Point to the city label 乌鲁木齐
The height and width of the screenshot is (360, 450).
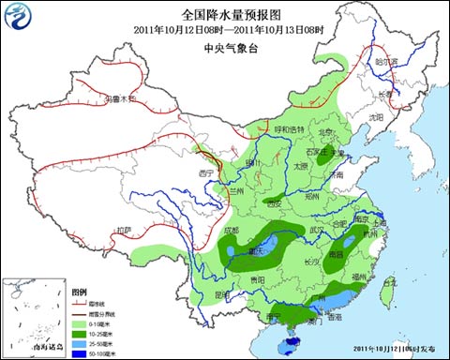120,97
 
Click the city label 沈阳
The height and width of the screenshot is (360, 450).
376,117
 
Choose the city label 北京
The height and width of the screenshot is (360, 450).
325,132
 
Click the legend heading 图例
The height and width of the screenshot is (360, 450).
79,292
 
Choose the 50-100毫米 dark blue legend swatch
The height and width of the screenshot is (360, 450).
80,353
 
